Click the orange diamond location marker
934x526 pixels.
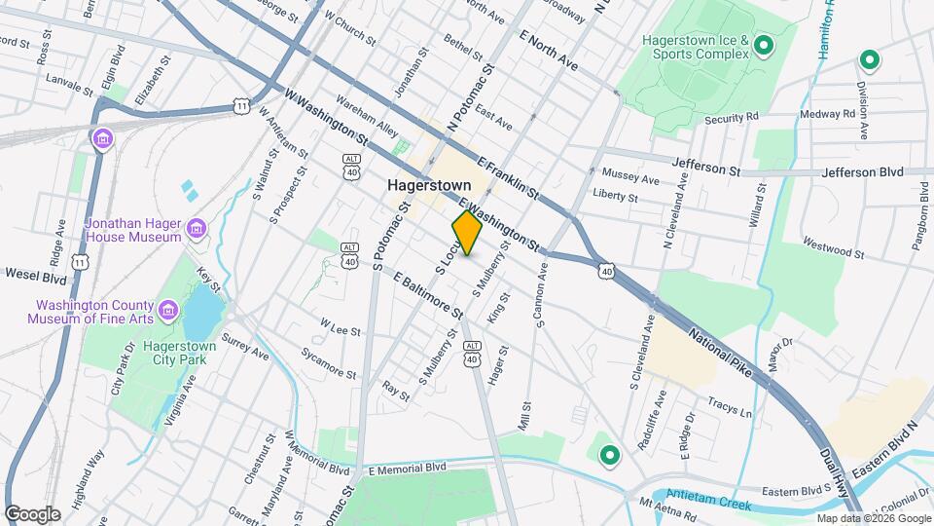tap(467, 233)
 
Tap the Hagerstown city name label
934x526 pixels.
tap(429, 184)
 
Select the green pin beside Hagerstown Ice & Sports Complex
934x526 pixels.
tap(764, 45)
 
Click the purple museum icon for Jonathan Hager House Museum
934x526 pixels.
tap(198, 229)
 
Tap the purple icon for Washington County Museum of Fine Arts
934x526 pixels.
tap(168, 311)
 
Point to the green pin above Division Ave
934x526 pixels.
tap(868, 61)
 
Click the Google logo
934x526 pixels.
tap(32, 513)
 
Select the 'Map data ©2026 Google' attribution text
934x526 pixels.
tap(873, 518)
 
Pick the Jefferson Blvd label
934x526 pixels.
tap(863, 171)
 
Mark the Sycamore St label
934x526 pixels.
tap(328, 361)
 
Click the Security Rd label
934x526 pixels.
tap(732, 118)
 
